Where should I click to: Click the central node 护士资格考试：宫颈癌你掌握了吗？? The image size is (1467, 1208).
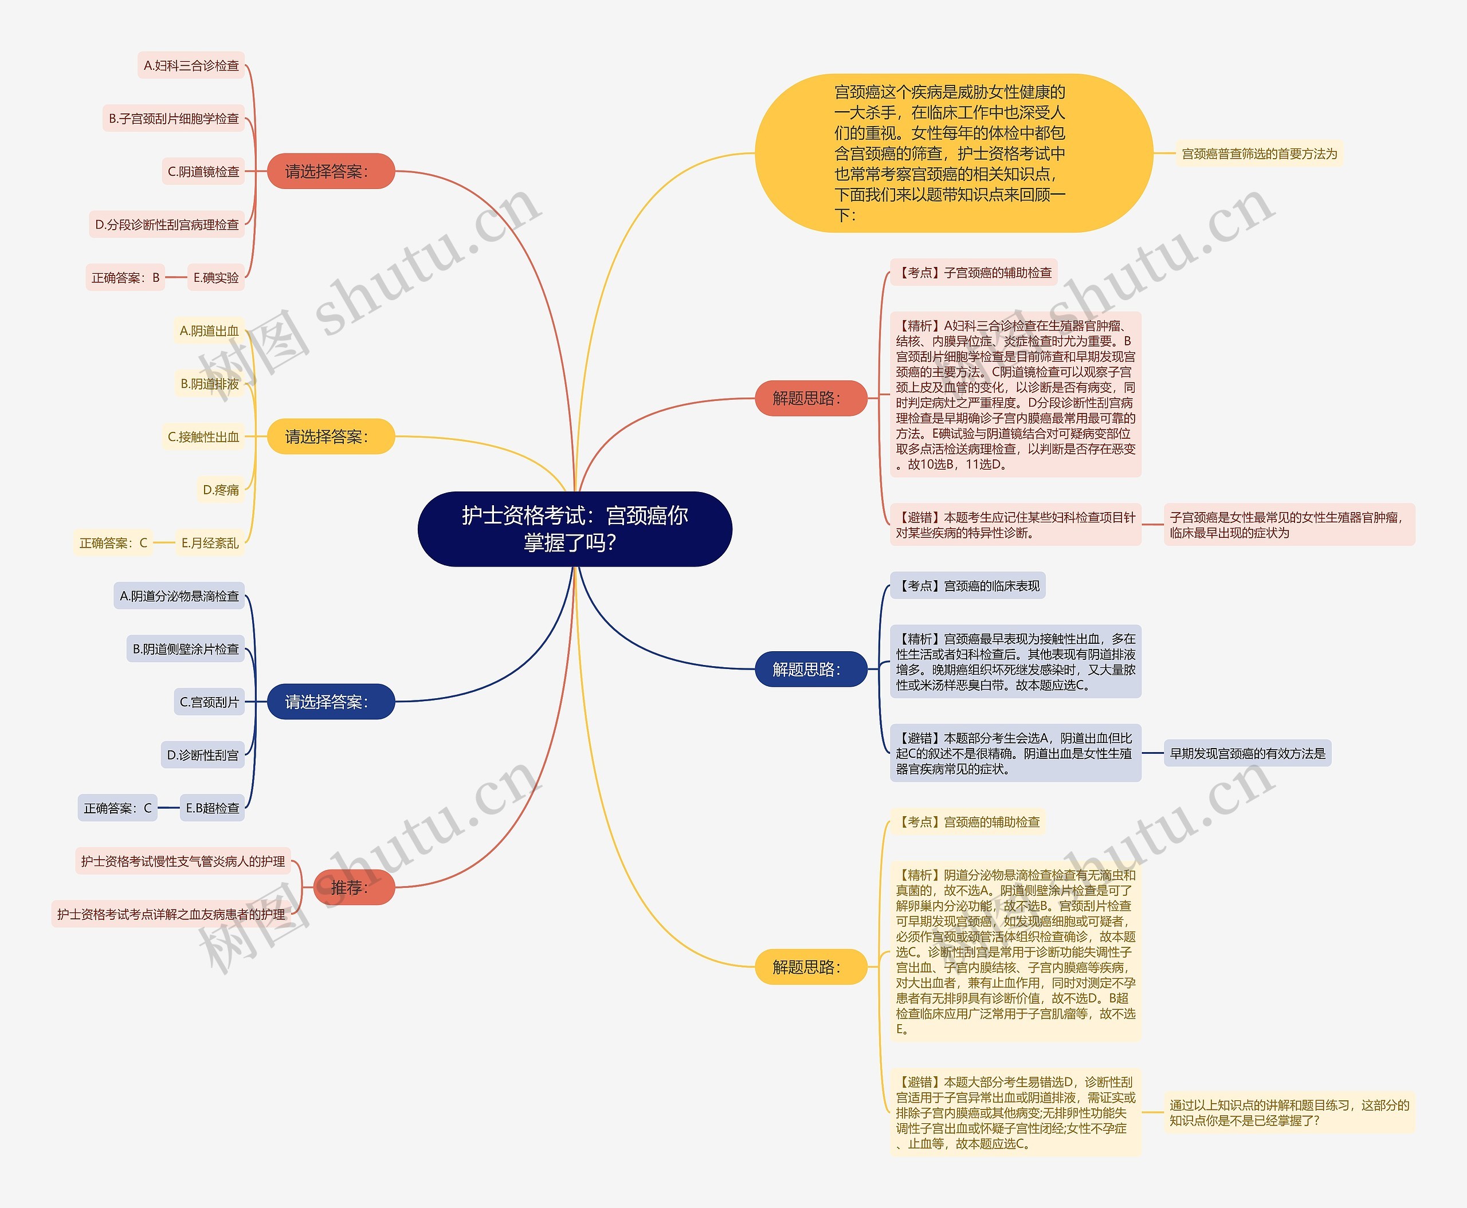pos(574,529)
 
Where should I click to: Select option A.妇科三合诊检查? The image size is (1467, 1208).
pos(191,65)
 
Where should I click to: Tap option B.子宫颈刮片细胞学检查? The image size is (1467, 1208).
pos(174,119)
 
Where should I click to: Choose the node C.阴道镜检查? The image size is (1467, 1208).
pos(203,171)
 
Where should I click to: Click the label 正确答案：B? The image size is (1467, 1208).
pos(125,278)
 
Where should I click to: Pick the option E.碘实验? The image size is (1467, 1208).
pos(216,278)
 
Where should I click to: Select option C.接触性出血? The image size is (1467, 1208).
pos(203,437)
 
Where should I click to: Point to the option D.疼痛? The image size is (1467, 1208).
pos(221,490)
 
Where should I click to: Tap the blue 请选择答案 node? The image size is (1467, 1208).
pos(331,702)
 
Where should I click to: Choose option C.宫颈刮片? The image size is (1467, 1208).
pos(209,702)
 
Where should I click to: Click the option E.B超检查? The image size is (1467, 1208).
pos(213,808)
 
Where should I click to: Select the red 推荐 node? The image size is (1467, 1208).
pos(354,887)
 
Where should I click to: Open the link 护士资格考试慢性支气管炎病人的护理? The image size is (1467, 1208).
pos(182,861)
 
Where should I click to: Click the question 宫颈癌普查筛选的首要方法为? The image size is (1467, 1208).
pos(1259,154)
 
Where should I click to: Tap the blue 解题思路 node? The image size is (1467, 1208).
pos(810,668)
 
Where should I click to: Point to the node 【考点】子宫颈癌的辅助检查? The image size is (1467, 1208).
pos(974,273)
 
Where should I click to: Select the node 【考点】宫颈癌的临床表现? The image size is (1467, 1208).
pos(968,586)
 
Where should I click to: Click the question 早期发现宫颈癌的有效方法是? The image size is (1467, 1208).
pos(1247,753)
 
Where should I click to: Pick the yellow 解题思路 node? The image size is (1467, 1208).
pos(810,966)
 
